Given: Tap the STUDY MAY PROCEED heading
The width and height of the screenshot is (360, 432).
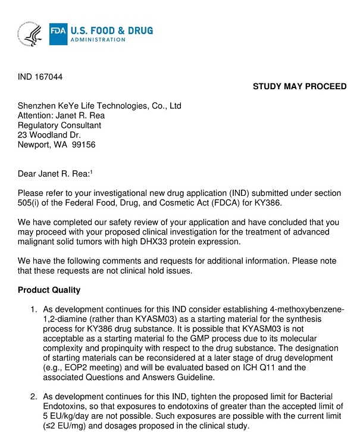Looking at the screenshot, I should pos(299,86).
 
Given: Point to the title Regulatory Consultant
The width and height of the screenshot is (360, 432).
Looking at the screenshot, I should pos(60,126).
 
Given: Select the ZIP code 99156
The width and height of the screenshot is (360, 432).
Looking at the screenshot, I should pos(84,145).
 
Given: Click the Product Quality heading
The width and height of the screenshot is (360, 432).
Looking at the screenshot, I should pos(49,290).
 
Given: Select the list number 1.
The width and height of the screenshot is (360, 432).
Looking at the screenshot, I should pos(34,309).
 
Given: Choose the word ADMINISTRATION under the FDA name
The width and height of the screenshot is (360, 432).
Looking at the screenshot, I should pos(98,40).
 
